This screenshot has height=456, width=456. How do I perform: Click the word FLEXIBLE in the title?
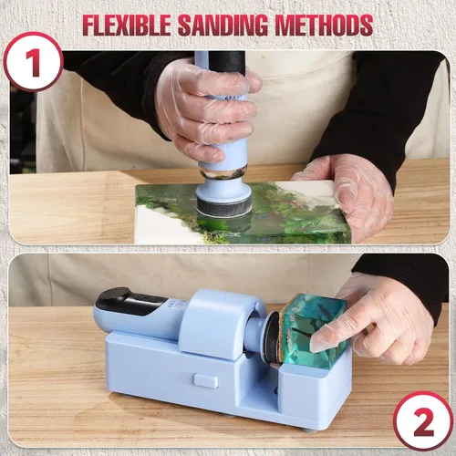point(127,25)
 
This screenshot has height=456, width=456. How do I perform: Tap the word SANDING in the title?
point(223,25)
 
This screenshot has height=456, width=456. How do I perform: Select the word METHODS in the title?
point(324,25)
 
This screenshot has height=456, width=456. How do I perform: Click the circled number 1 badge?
point(33,62)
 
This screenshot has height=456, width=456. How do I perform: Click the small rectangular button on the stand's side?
point(205,381)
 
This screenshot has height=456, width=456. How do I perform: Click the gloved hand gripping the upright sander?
point(207,111)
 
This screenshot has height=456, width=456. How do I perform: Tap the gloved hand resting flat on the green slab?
point(349,193)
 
